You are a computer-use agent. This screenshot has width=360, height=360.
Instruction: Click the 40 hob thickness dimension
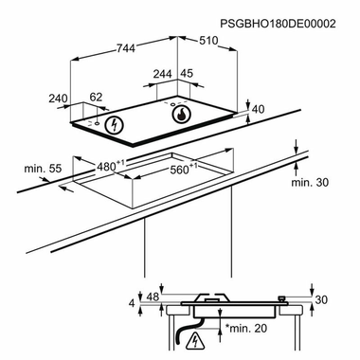pyautogui.click(x=258, y=109)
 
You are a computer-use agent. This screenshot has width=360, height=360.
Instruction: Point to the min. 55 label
pyautogui.click(x=43, y=169)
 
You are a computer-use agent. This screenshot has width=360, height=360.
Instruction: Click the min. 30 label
pyautogui.click(x=311, y=182)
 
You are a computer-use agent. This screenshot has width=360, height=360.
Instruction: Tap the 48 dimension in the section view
pyautogui.click(x=153, y=297)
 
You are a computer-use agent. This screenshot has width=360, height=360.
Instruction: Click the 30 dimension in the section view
pyautogui.click(x=320, y=299)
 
